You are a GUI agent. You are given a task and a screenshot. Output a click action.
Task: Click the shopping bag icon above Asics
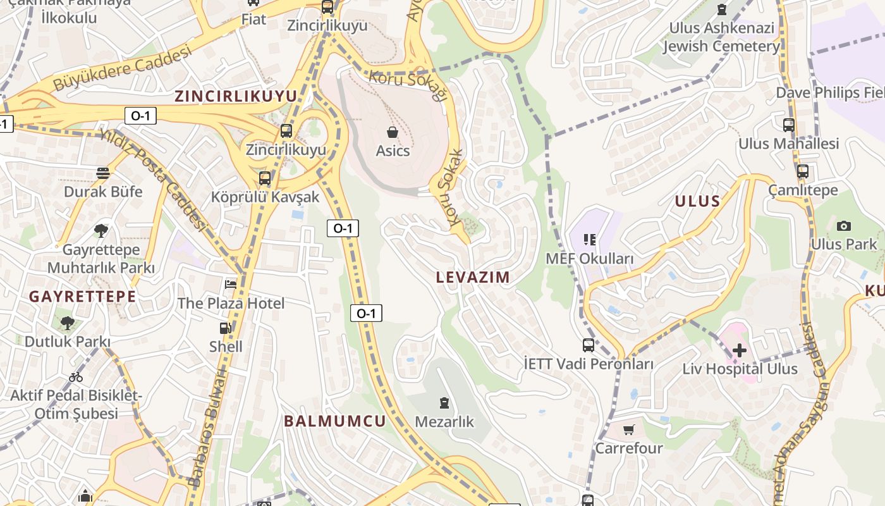(x=393, y=132)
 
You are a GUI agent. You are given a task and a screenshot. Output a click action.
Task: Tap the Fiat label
(x=253, y=20)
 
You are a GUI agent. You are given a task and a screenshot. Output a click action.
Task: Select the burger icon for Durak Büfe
(x=103, y=173)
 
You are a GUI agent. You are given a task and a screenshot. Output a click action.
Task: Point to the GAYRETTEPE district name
(x=83, y=296)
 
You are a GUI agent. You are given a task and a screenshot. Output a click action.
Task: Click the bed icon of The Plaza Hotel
(x=231, y=285)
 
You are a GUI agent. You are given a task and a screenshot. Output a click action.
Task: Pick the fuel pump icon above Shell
(x=225, y=328)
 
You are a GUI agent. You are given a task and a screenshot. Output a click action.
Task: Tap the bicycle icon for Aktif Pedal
(x=76, y=377)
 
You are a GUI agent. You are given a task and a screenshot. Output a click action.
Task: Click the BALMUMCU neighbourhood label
(x=334, y=421)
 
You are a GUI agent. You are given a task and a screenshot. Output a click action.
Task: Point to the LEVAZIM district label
(x=473, y=277)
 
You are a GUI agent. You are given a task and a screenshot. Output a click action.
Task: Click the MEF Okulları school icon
(x=590, y=240)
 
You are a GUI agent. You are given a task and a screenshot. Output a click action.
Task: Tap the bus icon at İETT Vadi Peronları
(x=589, y=345)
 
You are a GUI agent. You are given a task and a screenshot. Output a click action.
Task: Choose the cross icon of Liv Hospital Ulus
(x=739, y=350)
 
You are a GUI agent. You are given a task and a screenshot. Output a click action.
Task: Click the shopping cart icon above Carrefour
(x=628, y=430)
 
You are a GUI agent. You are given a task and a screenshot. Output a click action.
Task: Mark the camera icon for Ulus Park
(x=843, y=226)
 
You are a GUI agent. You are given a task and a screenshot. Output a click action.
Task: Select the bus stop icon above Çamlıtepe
(x=803, y=171)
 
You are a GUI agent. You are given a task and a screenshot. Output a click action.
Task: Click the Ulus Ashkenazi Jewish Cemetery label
(x=721, y=37)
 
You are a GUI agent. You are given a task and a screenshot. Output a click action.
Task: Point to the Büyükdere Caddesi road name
(x=121, y=68)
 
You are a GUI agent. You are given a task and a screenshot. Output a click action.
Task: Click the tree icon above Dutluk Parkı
(x=67, y=323)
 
